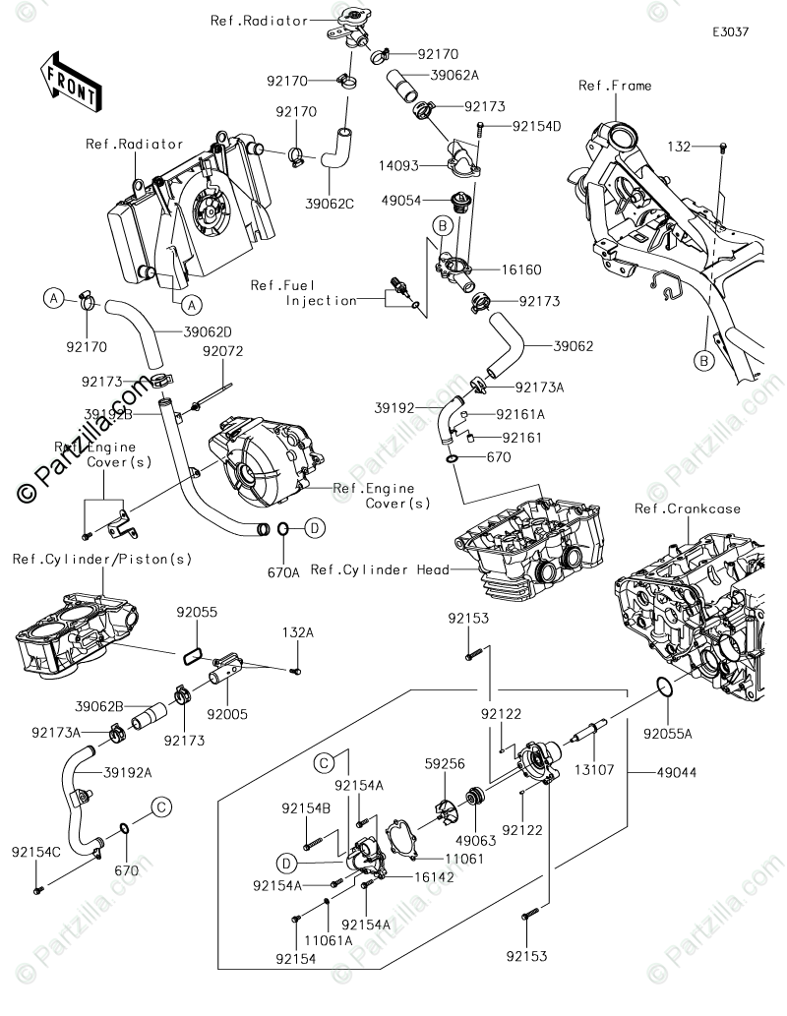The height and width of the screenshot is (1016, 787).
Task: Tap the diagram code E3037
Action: click(731, 31)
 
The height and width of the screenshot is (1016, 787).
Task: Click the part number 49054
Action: click(402, 200)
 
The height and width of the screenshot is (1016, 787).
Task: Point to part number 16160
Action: click(521, 269)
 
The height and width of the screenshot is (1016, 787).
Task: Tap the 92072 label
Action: click(222, 351)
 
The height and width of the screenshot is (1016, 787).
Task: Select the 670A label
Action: click(282, 570)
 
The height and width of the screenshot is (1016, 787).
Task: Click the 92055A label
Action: click(668, 733)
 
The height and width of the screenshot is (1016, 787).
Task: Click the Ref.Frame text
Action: click(615, 86)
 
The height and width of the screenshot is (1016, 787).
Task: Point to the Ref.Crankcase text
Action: click(688, 508)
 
